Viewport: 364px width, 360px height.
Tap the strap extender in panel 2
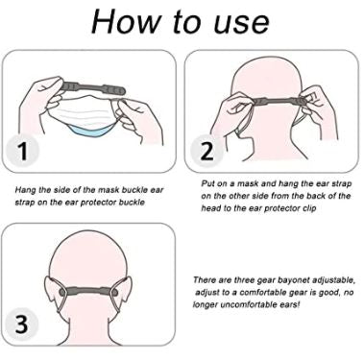click(x=273, y=102)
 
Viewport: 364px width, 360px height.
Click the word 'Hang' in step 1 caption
click(x=26, y=194)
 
